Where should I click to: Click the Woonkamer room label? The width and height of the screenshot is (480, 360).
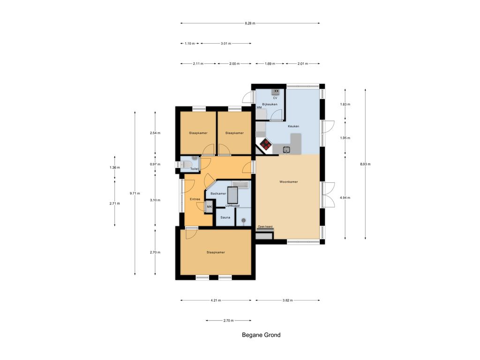tap(288, 182)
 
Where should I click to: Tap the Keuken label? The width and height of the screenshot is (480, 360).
tap(293, 126)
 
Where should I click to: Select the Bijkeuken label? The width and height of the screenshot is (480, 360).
tap(270, 105)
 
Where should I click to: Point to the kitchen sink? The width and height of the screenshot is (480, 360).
tap(286, 150)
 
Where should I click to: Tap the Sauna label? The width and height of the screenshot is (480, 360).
tap(225, 217)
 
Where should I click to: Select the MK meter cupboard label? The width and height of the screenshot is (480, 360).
tap(210, 207)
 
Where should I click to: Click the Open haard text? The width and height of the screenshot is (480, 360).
tap(265, 227)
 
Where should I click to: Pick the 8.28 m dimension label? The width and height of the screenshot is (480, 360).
tap(250, 23)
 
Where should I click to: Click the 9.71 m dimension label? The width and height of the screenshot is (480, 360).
tap(135, 194)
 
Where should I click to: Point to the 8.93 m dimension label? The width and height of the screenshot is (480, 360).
tap(365, 164)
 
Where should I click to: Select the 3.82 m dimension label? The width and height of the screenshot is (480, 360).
tap(287, 300)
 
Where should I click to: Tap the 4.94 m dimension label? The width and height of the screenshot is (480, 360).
tap(345, 198)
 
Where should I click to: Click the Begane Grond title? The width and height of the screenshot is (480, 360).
tap(261, 335)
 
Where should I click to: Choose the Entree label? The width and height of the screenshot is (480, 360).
tap(195, 199)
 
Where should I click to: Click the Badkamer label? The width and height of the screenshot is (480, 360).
tap(218, 194)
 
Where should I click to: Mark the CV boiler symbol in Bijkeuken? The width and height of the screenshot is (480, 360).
tap(275, 91)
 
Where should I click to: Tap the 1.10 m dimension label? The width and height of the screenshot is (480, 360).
tap(189, 44)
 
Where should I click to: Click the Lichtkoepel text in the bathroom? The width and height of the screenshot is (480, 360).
tap(232, 206)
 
